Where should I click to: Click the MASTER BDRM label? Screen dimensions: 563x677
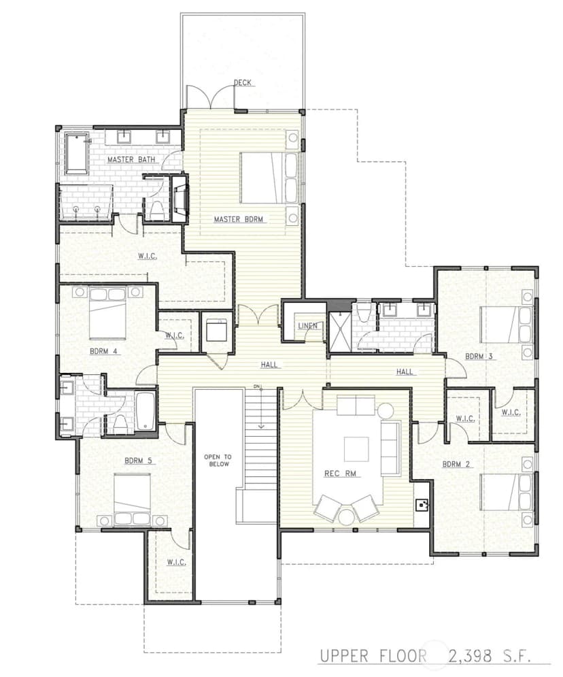pos(238,219)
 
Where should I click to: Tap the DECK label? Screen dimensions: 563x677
pos(243,82)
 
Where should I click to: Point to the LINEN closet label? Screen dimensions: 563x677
pos(307,325)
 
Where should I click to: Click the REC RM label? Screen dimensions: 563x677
pos(341,474)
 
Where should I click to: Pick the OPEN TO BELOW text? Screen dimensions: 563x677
pos(218,460)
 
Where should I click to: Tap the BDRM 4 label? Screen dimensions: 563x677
pos(103,352)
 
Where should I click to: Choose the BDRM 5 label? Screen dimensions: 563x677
pos(138,461)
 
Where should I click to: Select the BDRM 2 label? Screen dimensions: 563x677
pos(456,465)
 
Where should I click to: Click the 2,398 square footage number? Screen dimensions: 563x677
pos(470,657)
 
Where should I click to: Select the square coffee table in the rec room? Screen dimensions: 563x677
pos(356,450)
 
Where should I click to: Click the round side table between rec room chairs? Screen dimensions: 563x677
pos(346,517)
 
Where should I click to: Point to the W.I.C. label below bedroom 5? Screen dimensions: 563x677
pos(177,563)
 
